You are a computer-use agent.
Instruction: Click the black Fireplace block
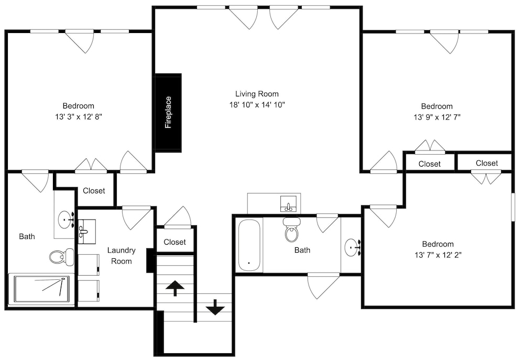point(168,113)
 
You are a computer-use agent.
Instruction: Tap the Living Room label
point(257,94)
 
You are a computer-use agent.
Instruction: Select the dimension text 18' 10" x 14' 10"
point(257,105)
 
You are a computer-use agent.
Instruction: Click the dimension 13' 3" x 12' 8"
point(79,117)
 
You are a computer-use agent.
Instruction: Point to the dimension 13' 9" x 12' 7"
point(437,117)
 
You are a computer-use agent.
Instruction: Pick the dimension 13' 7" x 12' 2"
point(438,255)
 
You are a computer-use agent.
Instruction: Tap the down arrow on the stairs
point(215,307)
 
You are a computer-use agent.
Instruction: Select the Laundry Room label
point(122,256)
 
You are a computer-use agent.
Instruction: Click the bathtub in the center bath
point(249,246)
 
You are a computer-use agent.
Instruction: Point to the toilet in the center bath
point(292,229)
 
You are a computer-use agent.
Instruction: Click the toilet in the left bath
point(62,257)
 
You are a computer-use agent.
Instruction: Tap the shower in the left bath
point(41,289)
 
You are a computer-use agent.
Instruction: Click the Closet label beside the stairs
point(175,242)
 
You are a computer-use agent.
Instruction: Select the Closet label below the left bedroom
point(94,191)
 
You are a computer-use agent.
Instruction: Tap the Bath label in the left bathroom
point(27,237)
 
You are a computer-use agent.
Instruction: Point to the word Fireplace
point(168,112)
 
